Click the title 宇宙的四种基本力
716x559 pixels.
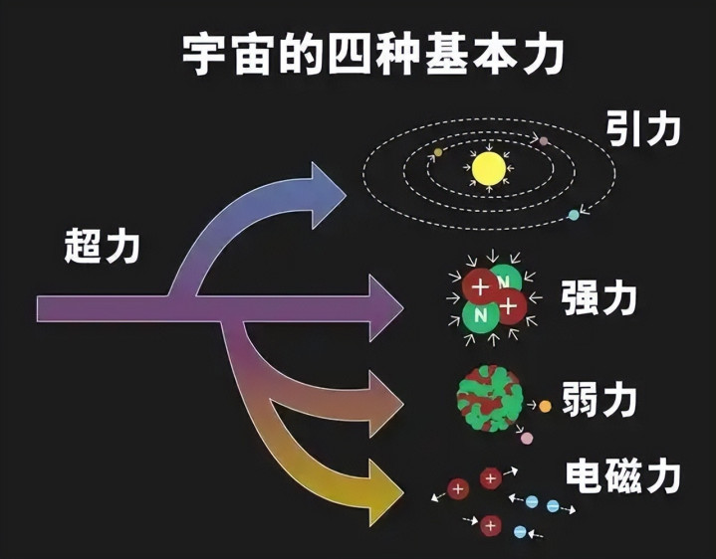coord(372,55)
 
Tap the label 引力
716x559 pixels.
coord(643,129)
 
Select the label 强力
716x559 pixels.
coord(598,298)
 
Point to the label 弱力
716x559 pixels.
coord(598,400)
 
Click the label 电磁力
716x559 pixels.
coord(622,476)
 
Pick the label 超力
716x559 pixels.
coord(102,246)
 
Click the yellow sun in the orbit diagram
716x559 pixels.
coord(489,169)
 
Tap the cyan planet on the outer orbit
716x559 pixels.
coord(573,215)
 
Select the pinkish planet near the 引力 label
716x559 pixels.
coord(543,141)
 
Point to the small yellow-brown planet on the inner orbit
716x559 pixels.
coord(438,152)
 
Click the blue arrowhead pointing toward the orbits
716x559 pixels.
coord(328,195)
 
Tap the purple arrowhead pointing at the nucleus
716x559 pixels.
coord(385,308)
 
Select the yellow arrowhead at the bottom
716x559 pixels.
coord(385,492)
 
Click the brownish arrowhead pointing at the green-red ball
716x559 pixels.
coord(385,404)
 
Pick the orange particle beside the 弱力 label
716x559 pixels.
coord(545,406)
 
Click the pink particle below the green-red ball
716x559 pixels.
coord(527,439)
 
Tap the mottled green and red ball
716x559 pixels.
coord(489,398)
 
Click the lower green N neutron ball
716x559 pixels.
coord(479,315)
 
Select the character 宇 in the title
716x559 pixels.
coord(202,55)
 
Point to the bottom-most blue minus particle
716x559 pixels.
coord(520,531)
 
